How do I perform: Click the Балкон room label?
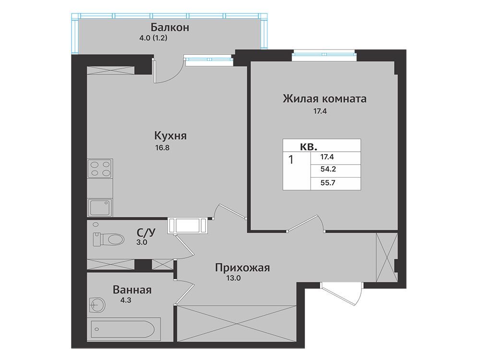[x=170, y=27]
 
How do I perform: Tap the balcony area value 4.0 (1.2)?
[x=153, y=38]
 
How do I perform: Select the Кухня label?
[x=170, y=135]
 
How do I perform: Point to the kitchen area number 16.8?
[x=162, y=148]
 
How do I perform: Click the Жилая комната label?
[x=324, y=99]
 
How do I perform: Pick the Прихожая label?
[x=242, y=268]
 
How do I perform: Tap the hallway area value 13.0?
[x=233, y=278]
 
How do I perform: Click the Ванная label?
[x=132, y=289]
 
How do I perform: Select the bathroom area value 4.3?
[x=125, y=300]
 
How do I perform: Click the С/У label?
[x=146, y=233]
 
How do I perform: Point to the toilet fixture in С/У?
[x=108, y=239]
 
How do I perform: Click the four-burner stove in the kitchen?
[x=100, y=168]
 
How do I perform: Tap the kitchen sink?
[x=100, y=207]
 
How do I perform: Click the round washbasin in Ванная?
[x=97, y=305]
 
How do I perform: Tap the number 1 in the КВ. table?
[x=291, y=159]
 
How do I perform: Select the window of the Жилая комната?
[x=324, y=55]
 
